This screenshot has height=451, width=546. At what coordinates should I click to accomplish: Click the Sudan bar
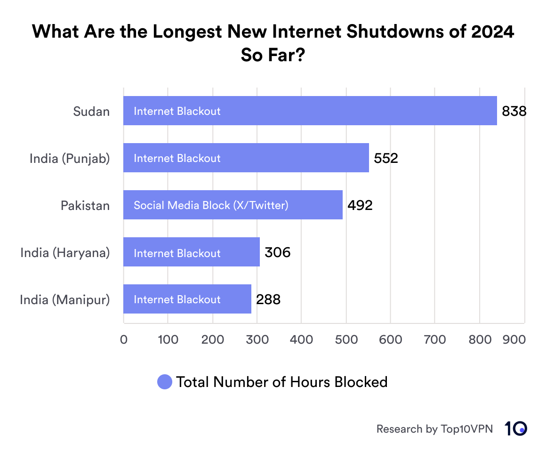[x=310, y=111]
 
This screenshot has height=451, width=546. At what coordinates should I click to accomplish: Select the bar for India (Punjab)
[x=246, y=158]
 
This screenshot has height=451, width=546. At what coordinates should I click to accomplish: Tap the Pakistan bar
[x=233, y=205]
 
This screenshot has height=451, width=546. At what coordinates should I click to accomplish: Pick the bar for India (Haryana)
[x=191, y=252]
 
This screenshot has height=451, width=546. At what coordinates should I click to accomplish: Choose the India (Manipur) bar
[x=187, y=299]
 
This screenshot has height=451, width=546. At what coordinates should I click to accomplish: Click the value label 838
[x=514, y=111]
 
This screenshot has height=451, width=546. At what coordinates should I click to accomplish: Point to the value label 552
[x=386, y=158]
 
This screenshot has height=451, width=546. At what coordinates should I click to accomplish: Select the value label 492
[x=360, y=205]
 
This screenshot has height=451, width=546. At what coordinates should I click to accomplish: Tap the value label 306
[x=277, y=253]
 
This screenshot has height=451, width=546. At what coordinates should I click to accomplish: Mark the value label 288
[x=268, y=300]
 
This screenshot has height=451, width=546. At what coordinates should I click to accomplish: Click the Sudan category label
[x=91, y=112]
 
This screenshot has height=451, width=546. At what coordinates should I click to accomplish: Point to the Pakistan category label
[x=85, y=206]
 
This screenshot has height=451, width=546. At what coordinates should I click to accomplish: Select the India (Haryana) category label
[x=65, y=253]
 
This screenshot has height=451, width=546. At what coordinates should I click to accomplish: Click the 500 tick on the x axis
[x=346, y=339]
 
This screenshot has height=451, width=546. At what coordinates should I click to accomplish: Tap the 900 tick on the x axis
[x=514, y=339]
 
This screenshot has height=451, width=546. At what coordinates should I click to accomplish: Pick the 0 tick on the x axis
[x=124, y=339]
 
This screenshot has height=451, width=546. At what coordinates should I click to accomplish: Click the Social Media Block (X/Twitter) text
[x=211, y=205]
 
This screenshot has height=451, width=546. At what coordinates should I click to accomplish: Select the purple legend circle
[x=165, y=382]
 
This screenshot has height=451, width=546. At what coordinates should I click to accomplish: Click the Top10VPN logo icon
[x=516, y=428]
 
